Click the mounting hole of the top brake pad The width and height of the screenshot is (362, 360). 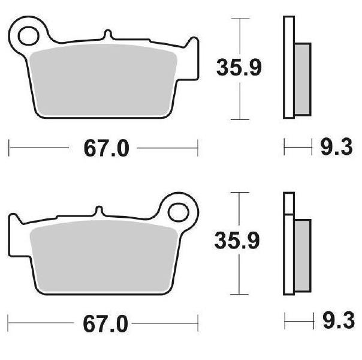point(28,36)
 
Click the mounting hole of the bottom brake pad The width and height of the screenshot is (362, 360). point(179,212)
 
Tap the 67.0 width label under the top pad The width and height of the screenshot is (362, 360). point(107,149)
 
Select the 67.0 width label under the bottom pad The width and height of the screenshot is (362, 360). point(105,325)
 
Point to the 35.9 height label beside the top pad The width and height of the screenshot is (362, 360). point(239,67)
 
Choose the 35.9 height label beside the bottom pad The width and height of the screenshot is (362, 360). point(237,241)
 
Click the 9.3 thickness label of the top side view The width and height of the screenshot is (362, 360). point(337,146)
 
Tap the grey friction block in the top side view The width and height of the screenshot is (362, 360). point(303,79)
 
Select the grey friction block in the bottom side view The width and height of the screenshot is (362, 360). point(303,256)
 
